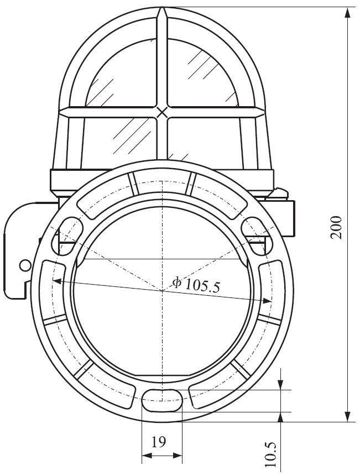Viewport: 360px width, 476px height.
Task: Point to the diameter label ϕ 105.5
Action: click(x=196, y=285)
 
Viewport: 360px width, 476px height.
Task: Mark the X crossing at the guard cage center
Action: click(x=161, y=112)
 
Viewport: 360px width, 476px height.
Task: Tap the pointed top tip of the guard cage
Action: click(x=161, y=9)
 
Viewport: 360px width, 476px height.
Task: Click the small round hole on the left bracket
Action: click(x=24, y=265)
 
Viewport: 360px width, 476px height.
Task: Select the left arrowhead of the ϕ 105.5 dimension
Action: click(x=55, y=280)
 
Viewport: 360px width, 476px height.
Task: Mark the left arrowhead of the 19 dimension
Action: click(x=145, y=456)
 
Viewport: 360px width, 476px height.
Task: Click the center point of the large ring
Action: click(x=161, y=290)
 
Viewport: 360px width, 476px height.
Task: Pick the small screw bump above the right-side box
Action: click(x=281, y=193)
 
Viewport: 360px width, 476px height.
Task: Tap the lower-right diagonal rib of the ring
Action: click(x=241, y=369)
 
